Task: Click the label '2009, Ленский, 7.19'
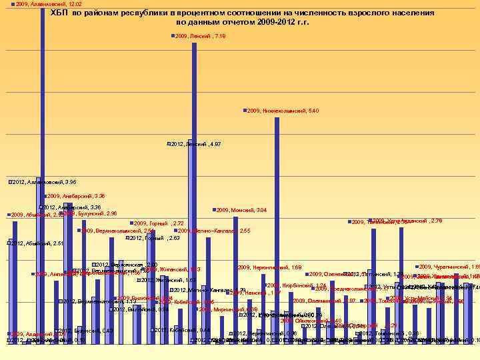pyautogui.click(x=201, y=36)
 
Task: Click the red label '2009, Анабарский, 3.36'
pyautogui.click(x=77, y=196)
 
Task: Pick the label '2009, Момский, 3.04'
pyautogui.click(x=242, y=211)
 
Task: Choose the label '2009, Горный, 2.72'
pyautogui.click(x=160, y=223)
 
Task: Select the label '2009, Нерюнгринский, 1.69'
pyautogui.click(x=271, y=267)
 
